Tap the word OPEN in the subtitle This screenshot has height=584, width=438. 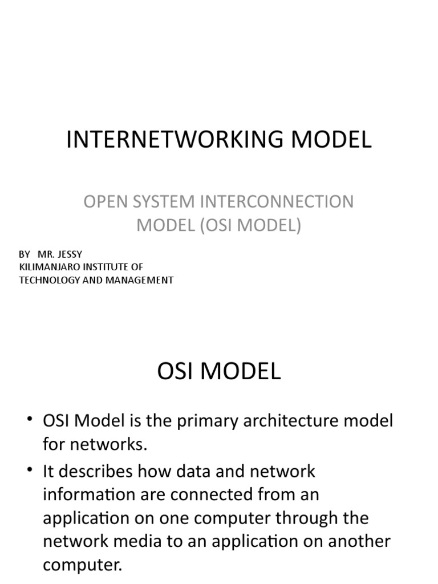click(x=104, y=202)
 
